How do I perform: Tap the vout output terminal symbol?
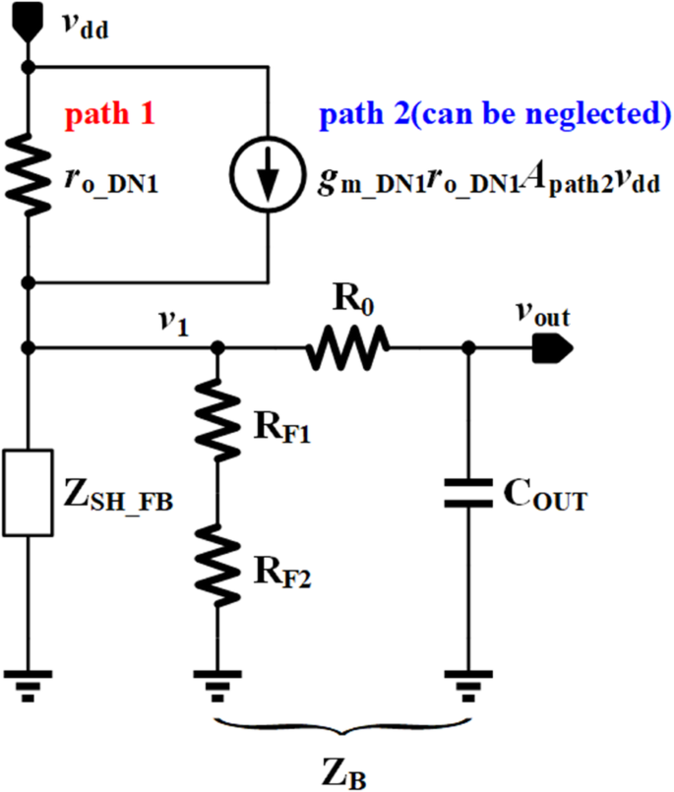[x=551, y=346]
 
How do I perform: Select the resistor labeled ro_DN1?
[x=31, y=175]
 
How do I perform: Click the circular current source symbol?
[x=268, y=175]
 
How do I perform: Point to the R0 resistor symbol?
[x=349, y=347]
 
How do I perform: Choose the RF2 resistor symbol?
[x=217, y=561]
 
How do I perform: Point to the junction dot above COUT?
[x=467, y=347]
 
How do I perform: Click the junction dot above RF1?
[x=217, y=347]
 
